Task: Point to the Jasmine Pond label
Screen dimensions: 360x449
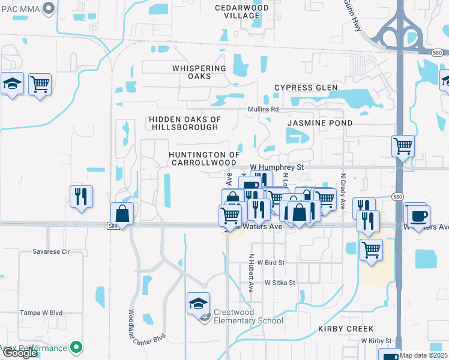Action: pos(319,122)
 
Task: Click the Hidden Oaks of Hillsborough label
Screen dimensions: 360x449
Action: pos(185,124)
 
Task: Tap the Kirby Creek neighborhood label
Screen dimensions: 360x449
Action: pos(346,329)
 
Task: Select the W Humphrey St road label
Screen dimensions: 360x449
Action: pos(277,167)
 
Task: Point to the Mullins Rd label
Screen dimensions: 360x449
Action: pos(264,109)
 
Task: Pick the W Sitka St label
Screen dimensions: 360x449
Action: pos(280,282)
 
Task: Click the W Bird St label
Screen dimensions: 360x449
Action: pos(270,262)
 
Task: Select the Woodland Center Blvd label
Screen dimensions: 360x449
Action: pos(139,326)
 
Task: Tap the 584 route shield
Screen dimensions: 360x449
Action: pos(114,226)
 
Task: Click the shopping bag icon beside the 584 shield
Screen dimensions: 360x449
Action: pos(122,213)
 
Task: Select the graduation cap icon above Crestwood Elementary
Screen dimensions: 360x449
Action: pos(198,303)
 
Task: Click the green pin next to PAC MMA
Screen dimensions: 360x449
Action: pos(50,8)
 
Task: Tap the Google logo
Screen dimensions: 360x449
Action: pos(20,353)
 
